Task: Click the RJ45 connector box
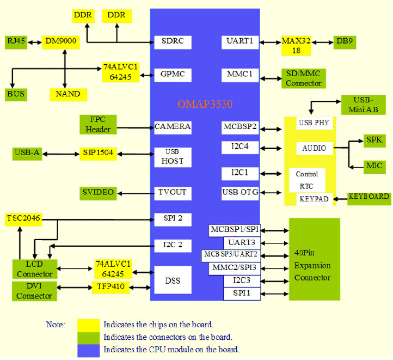click(16, 42)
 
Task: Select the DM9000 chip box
click(60, 42)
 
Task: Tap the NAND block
click(68, 95)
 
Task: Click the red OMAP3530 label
click(205, 104)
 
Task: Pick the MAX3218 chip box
click(296, 46)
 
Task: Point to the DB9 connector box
click(345, 42)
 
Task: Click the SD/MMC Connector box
click(304, 78)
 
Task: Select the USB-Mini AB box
click(364, 105)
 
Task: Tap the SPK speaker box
click(374, 141)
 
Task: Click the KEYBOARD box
click(369, 199)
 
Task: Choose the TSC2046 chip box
click(23, 219)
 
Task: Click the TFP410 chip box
click(110, 288)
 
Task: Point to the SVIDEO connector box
click(98, 193)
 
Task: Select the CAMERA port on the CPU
click(173, 127)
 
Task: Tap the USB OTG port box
click(240, 193)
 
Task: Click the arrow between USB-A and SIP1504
click(60, 154)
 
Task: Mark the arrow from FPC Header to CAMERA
click(136, 127)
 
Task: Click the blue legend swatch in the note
click(89, 351)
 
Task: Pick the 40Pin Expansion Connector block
click(315, 259)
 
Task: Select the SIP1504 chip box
click(98, 154)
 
